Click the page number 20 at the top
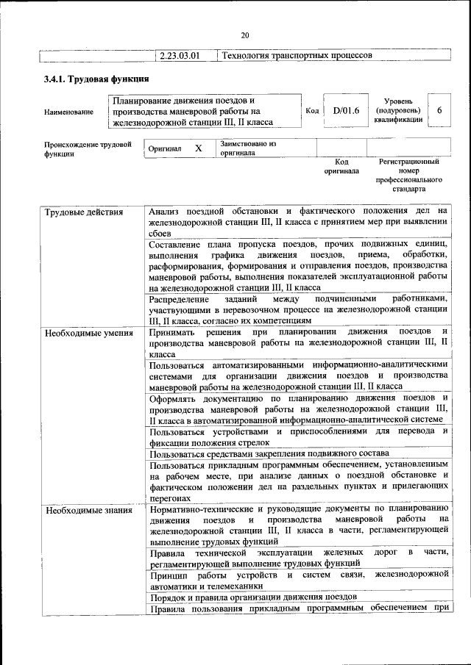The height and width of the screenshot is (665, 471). pos(245,35)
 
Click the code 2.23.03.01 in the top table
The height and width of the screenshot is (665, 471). pos(180,55)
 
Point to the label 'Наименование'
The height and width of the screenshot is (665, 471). pos(69,112)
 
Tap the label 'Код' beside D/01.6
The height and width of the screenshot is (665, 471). pos(311,110)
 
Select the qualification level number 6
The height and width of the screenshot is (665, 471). pos(439,110)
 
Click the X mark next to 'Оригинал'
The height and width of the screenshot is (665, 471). pos(198,148)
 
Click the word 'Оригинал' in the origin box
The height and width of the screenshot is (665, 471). pos(164,148)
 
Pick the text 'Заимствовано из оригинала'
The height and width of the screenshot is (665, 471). pos(247,148)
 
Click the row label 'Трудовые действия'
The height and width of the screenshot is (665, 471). pos(75,213)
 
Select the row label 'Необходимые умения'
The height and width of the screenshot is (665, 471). pos(78,333)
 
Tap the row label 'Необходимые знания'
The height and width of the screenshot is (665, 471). pos(78,509)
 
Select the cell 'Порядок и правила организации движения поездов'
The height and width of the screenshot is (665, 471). pos(252,596)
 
